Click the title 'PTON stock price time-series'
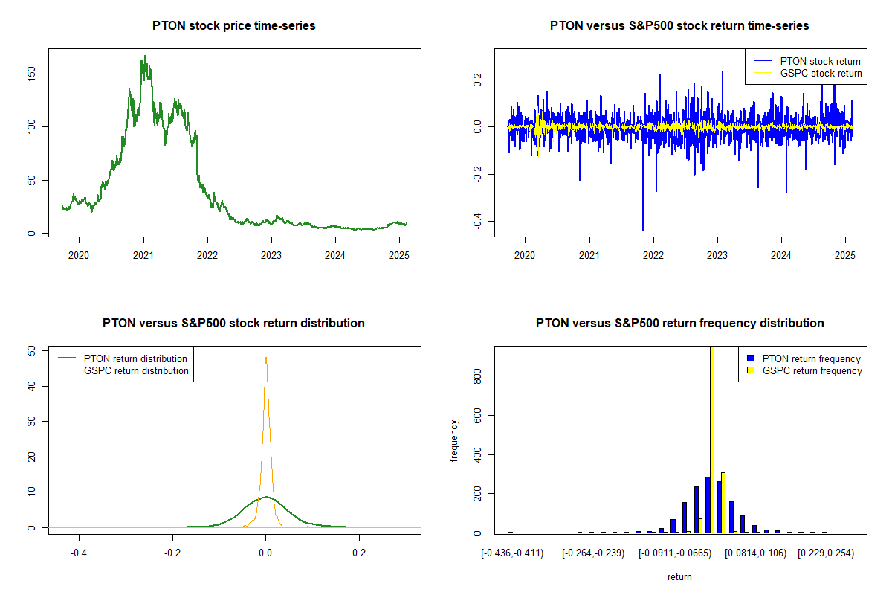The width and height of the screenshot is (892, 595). tap(233, 26)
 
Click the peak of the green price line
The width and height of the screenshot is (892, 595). tap(144, 56)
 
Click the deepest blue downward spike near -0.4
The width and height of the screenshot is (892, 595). tap(643, 228)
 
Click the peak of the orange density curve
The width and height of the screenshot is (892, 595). tap(265, 358)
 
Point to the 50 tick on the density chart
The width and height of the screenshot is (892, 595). tap(39, 350)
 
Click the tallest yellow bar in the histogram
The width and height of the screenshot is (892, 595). tap(712, 439)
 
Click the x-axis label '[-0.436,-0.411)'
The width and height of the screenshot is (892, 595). tap(512, 553)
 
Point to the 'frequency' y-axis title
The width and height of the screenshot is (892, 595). tap(454, 441)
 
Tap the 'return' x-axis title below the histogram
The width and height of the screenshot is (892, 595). tap(679, 576)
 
